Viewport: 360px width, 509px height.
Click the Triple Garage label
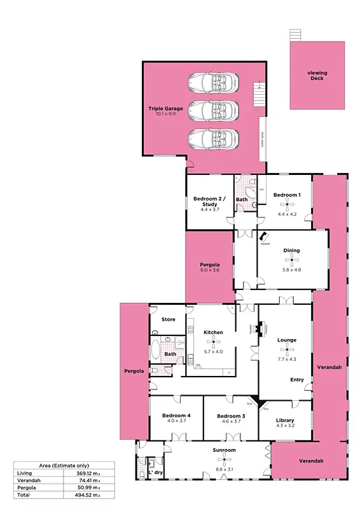(x=165, y=109)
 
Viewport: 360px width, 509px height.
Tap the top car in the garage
(x=213, y=83)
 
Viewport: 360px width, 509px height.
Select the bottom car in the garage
(x=213, y=137)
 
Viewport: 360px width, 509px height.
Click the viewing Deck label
(x=317, y=75)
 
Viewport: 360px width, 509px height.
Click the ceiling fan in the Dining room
(x=292, y=260)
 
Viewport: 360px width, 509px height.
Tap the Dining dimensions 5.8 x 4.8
(x=292, y=270)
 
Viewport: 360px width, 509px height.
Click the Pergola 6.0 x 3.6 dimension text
(x=210, y=270)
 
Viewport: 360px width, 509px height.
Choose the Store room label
(x=168, y=319)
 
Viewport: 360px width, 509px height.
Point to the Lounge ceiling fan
(x=287, y=349)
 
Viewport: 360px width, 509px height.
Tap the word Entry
(x=297, y=380)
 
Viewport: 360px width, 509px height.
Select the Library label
(x=285, y=421)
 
